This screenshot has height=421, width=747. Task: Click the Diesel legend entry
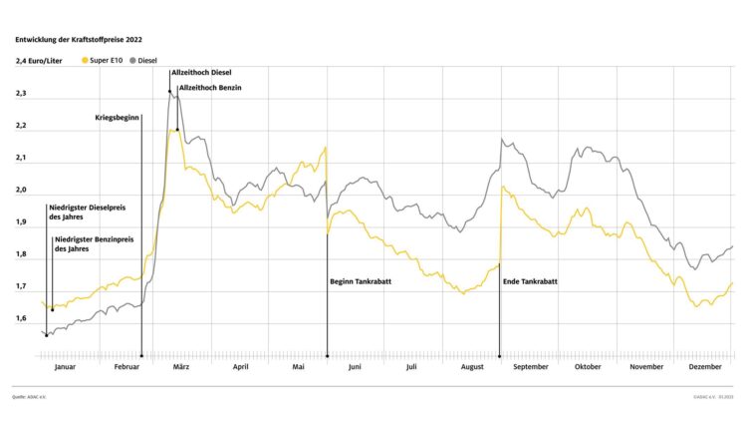click(142, 60)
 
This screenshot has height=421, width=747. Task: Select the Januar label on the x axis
click(65, 367)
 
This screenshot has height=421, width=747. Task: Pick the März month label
click(181, 367)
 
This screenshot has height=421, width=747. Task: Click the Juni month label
click(354, 367)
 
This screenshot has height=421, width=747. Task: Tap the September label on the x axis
click(529, 367)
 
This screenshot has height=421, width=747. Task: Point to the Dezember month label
click(705, 367)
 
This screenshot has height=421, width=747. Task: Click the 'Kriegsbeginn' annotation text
click(118, 118)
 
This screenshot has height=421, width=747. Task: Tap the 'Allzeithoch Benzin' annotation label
click(209, 89)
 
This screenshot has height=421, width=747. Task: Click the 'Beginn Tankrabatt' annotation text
click(361, 282)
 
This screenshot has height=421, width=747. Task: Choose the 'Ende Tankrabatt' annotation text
click(530, 282)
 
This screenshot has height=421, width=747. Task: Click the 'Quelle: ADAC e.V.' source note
click(29, 397)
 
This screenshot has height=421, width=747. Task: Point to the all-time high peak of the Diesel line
click(170, 90)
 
